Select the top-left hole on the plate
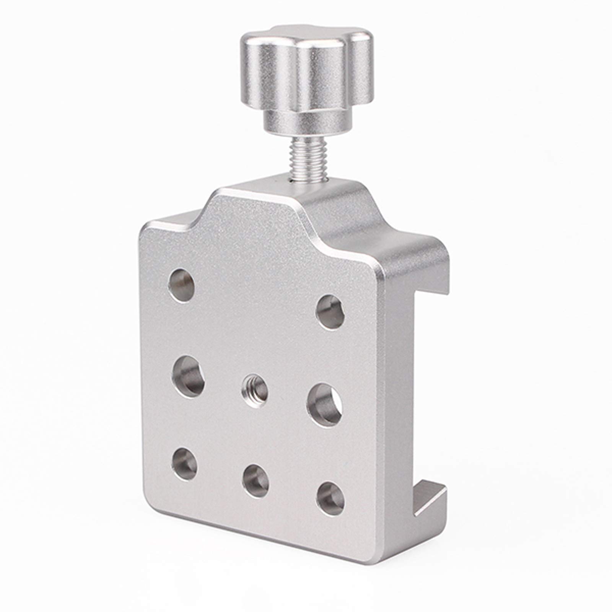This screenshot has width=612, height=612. click(x=182, y=285)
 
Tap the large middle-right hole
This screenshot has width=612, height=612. click(x=324, y=405)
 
